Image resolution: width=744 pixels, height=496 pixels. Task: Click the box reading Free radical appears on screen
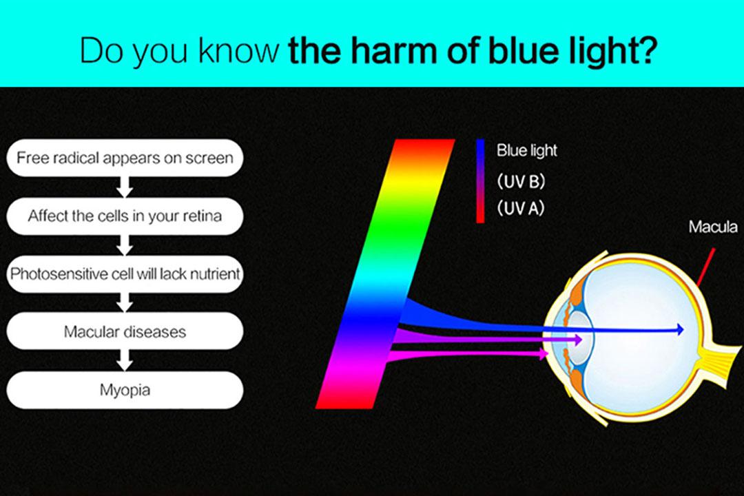(x=125, y=158)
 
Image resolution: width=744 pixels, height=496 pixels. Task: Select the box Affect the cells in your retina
(x=125, y=216)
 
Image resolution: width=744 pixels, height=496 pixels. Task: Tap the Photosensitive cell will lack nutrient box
(x=125, y=274)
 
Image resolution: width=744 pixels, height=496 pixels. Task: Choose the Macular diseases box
(x=125, y=331)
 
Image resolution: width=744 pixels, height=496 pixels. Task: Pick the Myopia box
(x=125, y=390)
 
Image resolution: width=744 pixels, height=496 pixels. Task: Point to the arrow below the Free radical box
(x=125, y=187)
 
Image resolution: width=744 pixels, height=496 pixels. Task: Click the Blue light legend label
(x=527, y=150)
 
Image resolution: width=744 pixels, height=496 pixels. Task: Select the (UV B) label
(x=521, y=181)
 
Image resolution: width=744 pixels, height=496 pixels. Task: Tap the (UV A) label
(x=520, y=208)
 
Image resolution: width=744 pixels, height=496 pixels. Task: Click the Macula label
(x=713, y=227)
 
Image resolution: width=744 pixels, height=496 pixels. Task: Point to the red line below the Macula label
(x=705, y=267)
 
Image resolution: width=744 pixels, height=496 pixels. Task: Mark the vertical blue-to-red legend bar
(x=480, y=181)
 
